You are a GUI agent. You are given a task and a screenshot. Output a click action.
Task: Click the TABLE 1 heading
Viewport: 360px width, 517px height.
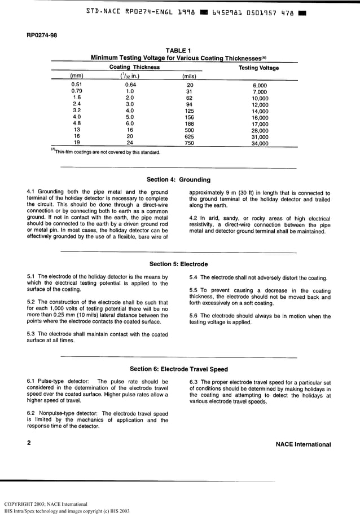pyautogui.click(x=179, y=51)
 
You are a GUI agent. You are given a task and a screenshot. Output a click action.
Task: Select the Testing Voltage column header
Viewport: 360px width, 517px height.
pyautogui.click(x=259, y=68)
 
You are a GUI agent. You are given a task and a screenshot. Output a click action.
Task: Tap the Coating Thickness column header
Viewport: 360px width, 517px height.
pyautogui.click(x=134, y=67)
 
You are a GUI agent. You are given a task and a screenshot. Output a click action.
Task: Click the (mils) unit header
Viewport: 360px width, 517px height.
pyautogui.click(x=189, y=76)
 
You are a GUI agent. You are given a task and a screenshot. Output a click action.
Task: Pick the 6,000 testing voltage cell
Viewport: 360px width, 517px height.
pyautogui.click(x=260, y=85)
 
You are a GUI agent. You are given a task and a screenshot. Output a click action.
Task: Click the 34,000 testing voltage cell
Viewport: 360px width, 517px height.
pyautogui.click(x=260, y=143)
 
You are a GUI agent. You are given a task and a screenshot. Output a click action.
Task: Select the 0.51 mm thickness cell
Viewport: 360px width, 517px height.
pyautogui.click(x=77, y=85)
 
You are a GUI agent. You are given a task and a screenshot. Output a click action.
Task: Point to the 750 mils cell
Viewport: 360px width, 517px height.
pyautogui.click(x=189, y=143)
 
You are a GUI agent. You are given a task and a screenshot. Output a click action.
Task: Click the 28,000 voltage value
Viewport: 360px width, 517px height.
pyautogui.click(x=260, y=130)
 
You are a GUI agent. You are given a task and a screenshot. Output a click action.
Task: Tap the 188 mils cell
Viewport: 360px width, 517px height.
pyautogui.click(x=189, y=123)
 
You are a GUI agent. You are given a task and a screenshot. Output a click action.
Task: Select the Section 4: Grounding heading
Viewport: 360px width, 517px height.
pyautogui.click(x=178, y=180)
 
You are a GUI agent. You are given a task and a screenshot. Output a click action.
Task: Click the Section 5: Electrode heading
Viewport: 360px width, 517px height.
pyautogui.click(x=178, y=264)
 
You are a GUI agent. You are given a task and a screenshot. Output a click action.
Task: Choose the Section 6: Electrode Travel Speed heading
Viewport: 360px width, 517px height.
pyautogui.click(x=178, y=369)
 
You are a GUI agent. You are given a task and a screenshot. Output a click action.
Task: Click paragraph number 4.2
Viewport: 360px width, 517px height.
pyautogui.click(x=195, y=219)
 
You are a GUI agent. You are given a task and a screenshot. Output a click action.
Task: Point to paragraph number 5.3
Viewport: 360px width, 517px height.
pyautogui.click(x=32, y=334)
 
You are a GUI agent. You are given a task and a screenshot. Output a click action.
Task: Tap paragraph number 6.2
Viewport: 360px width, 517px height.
pyautogui.click(x=32, y=413)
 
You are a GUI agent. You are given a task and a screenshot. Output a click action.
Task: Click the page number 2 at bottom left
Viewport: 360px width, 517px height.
pyautogui.click(x=29, y=444)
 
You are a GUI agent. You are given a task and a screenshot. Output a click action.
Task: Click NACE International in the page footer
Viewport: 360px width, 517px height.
pyautogui.click(x=303, y=444)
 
